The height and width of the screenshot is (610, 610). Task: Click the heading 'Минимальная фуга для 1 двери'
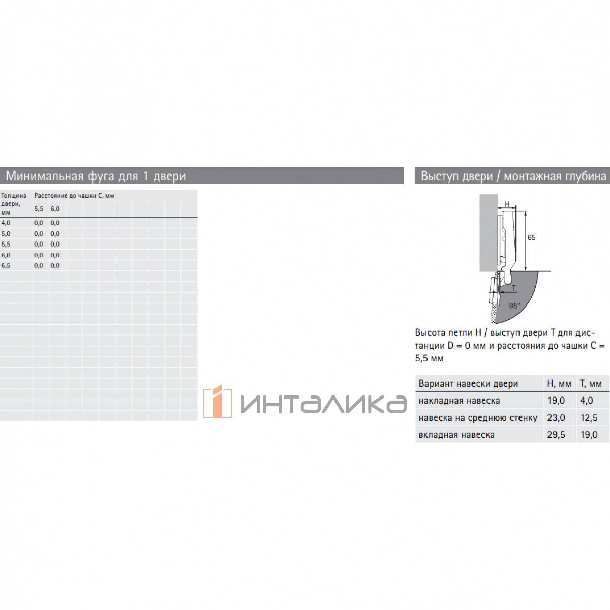coord(96,176)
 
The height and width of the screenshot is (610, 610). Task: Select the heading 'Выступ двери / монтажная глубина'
coord(513,176)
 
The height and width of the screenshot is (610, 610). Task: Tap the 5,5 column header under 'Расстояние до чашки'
coord(39,209)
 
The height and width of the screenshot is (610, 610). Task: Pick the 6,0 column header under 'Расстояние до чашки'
coord(55,209)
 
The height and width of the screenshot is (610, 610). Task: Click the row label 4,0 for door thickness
coord(6,223)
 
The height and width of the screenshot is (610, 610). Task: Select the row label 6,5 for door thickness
coord(6,265)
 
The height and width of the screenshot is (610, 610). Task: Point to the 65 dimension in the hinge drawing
coord(532,237)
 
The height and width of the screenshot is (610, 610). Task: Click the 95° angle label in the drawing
coord(514,306)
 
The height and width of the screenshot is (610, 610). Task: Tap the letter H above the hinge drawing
coord(507,204)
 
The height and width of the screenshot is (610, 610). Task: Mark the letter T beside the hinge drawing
coord(514,288)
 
